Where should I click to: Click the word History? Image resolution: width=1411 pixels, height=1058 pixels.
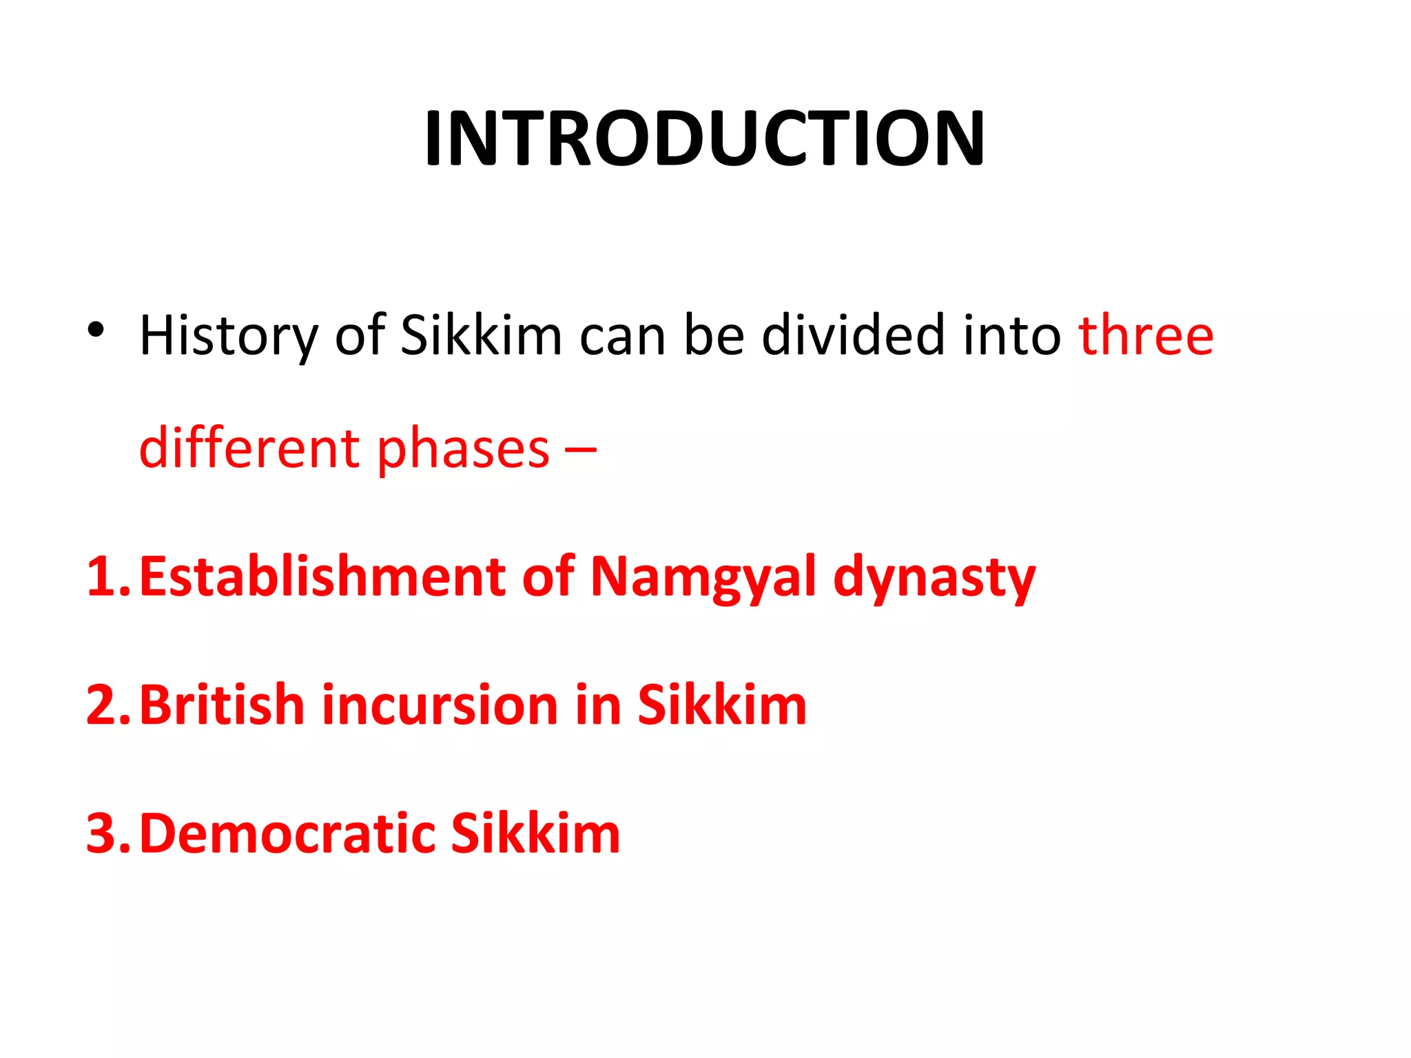[229, 336]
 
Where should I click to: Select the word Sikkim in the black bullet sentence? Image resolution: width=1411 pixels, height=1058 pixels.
[481, 335]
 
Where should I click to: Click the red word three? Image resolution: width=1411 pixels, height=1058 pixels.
[1146, 335]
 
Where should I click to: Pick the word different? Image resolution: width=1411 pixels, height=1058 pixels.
[249, 448]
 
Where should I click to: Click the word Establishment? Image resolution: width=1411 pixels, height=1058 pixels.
[322, 577]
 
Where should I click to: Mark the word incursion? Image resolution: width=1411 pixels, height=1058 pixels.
[440, 705]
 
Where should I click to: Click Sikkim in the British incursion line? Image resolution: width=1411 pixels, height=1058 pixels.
[721, 705]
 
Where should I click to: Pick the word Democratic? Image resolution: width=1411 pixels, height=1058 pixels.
[288, 833]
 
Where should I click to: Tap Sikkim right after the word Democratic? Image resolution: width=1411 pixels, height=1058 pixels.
[535, 833]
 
